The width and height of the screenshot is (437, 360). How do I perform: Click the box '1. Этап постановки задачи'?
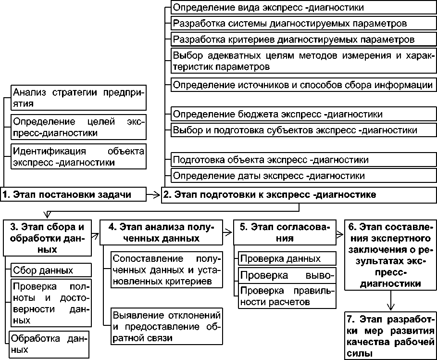click(73, 194)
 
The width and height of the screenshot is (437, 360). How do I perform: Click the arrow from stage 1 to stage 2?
click(153, 194)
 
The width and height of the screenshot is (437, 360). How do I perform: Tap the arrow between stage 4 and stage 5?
click(227, 232)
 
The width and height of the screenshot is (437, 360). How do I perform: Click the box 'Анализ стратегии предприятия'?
click(78, 97)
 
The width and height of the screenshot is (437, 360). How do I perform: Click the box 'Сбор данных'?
click(50, 270)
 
